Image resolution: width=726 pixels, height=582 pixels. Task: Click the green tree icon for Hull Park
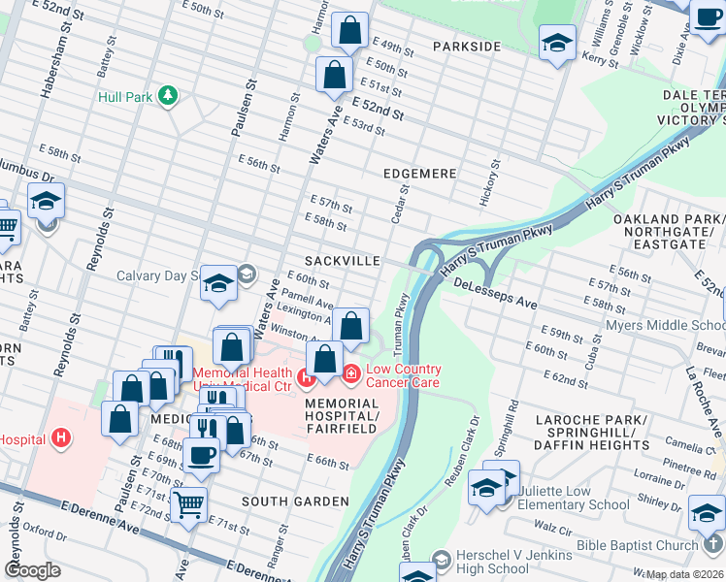point(169,95)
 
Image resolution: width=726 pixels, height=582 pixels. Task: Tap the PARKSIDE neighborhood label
point(466,47)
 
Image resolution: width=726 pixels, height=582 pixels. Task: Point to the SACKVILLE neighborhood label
point(341,262)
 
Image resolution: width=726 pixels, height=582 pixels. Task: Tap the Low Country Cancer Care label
point(403,375)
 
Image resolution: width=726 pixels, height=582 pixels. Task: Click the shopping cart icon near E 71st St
point(188,502)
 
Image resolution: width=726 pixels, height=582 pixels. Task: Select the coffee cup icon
point(201,453)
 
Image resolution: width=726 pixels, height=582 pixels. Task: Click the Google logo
point(32,570)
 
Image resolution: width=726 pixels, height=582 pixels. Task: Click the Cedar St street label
point(399,205)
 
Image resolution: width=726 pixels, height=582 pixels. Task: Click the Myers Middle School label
point(664,326)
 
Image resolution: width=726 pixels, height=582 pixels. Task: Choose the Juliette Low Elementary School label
point(574,498)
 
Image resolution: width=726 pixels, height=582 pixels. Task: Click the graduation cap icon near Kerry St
point(557,42)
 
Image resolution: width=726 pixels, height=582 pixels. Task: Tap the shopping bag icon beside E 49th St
point(349,31)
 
